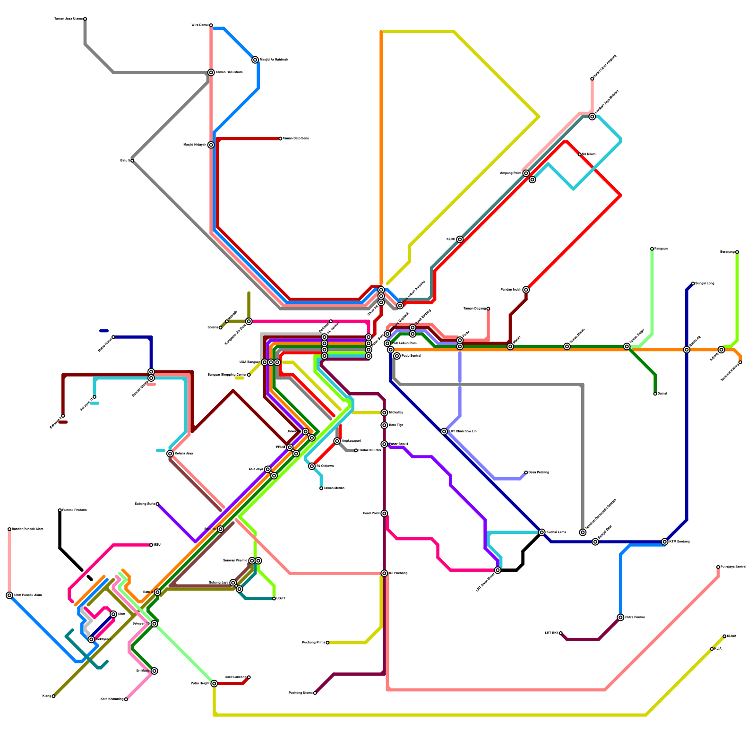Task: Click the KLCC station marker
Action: coord(460,240)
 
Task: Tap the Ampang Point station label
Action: coord(511,173)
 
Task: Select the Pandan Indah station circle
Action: coord(526,290)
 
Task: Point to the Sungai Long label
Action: coord(704,283)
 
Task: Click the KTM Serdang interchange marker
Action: coord(665,542)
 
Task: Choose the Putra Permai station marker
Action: coord(620,618)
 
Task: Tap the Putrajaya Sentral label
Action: coord(733,567)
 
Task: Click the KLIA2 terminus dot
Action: coord(724,636)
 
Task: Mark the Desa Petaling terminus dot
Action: coord(526,472)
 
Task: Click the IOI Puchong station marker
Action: coord(384,573)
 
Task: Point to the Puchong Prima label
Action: coord(313,643)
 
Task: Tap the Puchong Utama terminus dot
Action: coord(315,693)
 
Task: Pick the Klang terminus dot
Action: coord(53,696)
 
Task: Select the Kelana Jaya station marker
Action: coord(170,454)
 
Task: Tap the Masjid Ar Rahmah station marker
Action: coord(255,60)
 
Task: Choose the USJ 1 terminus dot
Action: coord(274,599)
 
